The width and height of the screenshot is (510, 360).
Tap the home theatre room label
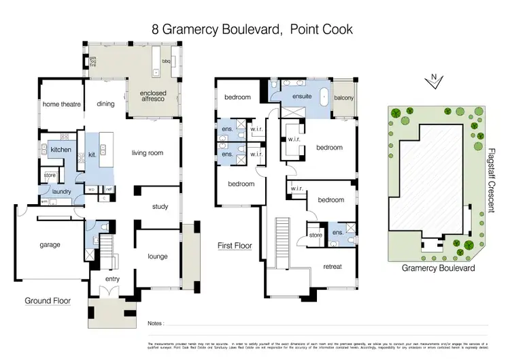[x=62, y=104]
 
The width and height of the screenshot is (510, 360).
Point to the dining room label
[x=105, y=104]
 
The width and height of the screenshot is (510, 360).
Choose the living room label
[x=148, y=153]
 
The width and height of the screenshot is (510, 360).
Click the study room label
[x=160, y=207]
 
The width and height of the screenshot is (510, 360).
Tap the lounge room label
[x=158, y=257]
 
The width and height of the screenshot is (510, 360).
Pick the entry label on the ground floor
[x=112, y=279]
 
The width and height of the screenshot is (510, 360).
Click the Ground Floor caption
[x=48, y=300]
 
